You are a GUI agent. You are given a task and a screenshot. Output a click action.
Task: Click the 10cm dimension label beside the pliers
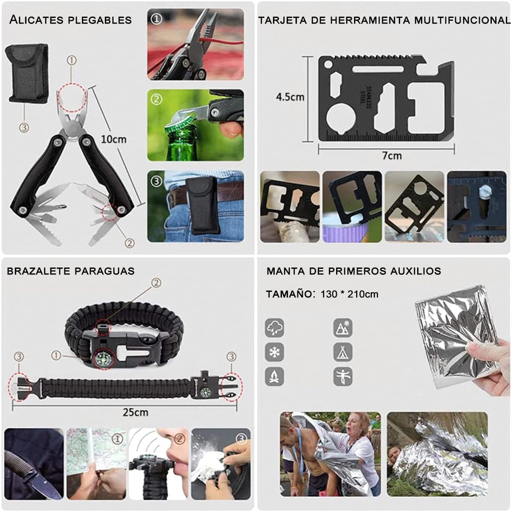pos(113,140)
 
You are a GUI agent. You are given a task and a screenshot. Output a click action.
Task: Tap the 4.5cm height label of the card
pos(290,97)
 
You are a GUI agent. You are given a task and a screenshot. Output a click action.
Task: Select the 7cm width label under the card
pos(392,155)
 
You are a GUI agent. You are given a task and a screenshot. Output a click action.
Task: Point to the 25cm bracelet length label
pos(136,412)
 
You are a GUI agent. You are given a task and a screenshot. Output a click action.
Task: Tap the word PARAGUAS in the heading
pos(105,271)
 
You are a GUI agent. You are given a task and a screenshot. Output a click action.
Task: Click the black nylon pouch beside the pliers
pos(27,73)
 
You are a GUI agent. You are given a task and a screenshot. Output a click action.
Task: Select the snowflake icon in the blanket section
pos(275,352)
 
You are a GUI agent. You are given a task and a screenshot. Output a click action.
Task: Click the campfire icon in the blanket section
pos(275,376)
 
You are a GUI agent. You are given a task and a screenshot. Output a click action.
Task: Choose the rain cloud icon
pos(275,328)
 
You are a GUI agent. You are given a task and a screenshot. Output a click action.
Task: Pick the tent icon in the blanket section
pos(343,352)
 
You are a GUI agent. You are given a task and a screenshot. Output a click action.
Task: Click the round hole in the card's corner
pos(328,64)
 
